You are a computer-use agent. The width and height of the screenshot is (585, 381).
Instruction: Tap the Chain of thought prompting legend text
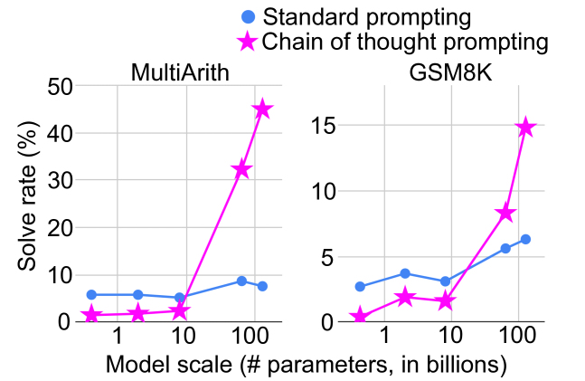[x=406, y=42]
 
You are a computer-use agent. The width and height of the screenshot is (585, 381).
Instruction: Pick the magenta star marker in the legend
[x=248, y=42]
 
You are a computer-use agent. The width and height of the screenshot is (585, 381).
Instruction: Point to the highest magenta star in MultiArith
[x=262, y=110]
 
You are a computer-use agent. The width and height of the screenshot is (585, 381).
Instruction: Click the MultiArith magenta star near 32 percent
[x=241, y=170]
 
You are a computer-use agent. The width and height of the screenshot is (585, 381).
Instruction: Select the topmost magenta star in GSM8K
[x=525, y=128]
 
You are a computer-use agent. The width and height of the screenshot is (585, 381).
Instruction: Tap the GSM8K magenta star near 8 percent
[x=505, y=213]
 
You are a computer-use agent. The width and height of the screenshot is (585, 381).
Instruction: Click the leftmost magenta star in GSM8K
[x=360, y=317]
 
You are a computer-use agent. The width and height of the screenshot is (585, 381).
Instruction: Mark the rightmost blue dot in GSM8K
[x=525, y=239]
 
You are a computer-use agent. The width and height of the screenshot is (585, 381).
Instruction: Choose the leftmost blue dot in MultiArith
[x=91, y=294]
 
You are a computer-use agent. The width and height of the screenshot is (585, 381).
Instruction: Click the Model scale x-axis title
[x=305, y=365]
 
